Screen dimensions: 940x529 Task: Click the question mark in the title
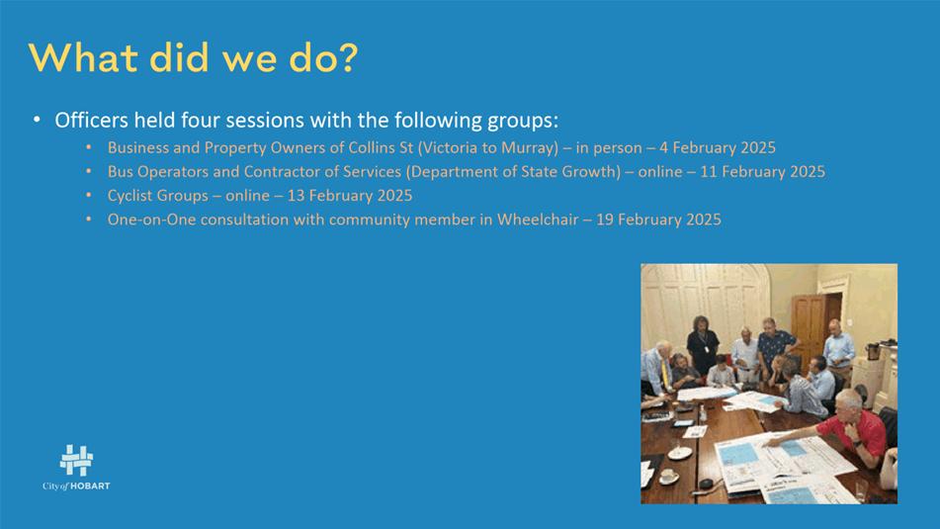coord(347,57)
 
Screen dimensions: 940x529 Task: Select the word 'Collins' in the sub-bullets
coord(371,147)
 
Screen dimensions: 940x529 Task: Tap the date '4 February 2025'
coord(718,147)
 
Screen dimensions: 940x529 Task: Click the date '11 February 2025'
coord(762,171)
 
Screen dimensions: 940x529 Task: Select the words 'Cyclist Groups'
coord(158,196)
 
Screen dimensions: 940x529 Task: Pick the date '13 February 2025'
coord(350,196)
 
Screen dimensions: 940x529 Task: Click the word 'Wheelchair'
coord(538,220)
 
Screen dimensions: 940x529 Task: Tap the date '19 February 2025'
coord(658,220)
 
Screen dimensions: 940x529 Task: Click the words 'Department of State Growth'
coord(513,171)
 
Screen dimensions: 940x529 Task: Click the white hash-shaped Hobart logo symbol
coord(76,461)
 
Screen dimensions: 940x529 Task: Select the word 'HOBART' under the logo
coord(91,486)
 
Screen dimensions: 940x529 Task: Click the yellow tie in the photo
coord(665,373)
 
